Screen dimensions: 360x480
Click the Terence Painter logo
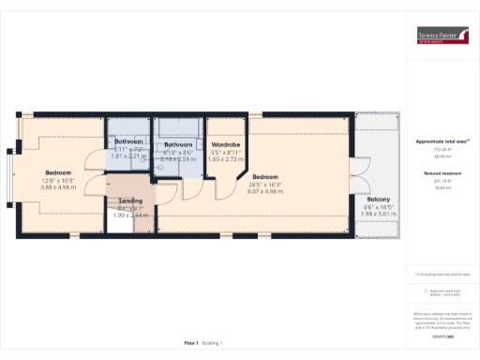(442, 37)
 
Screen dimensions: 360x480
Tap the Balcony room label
(379, 200)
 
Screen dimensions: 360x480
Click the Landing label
(129, 200)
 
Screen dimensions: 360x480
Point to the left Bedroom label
(58, 172)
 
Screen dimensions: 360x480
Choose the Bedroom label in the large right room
(265, 177)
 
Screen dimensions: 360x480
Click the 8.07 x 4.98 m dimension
(265, 191)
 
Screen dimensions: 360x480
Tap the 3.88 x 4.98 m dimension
(58, 187)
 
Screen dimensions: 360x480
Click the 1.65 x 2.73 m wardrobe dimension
(225, 160)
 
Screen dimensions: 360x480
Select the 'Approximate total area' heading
(442, 141)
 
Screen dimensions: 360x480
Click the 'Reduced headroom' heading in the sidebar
(442, 174)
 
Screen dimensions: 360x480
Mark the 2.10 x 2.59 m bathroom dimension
(178, 159)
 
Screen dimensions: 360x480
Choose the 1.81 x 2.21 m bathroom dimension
(129, 156)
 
